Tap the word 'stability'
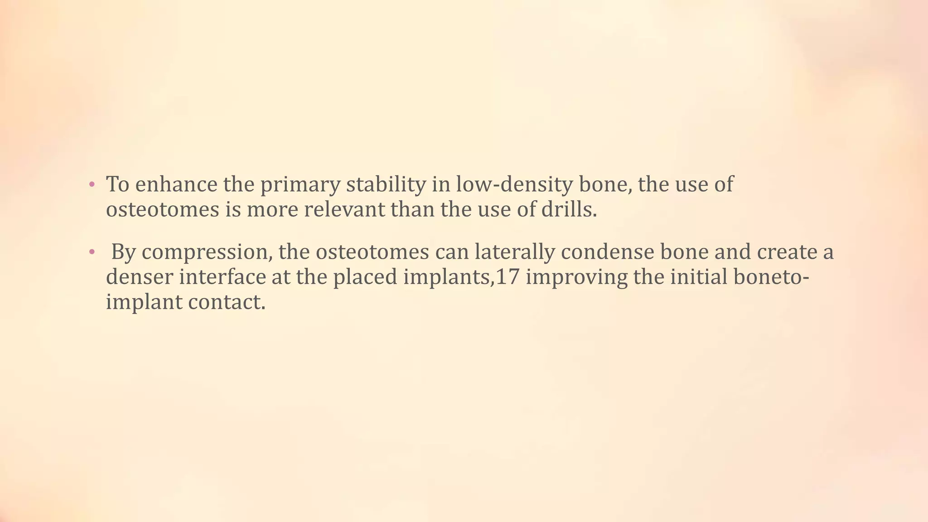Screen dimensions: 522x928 pyautogui.click(x=386, y=184)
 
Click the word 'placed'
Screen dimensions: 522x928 pyautogui.click(x=365, y=277)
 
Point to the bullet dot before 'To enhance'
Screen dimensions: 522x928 pyautogui.click(x=92, y=184)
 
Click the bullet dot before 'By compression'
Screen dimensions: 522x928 pyautogui.click(x=92, y=252)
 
